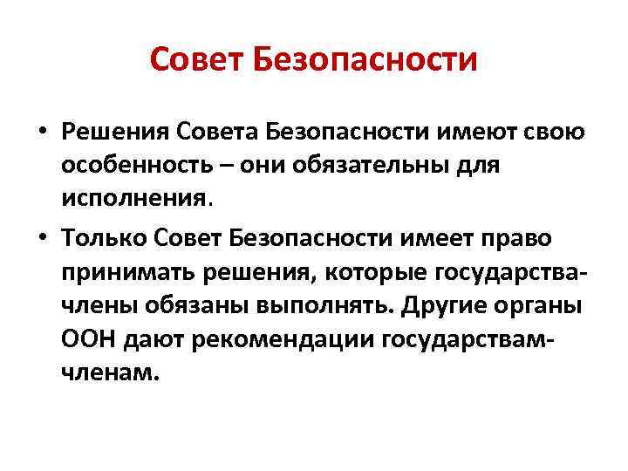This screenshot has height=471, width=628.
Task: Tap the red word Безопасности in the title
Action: tap(365, 60)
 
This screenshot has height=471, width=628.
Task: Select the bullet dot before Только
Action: tap(42, 237)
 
